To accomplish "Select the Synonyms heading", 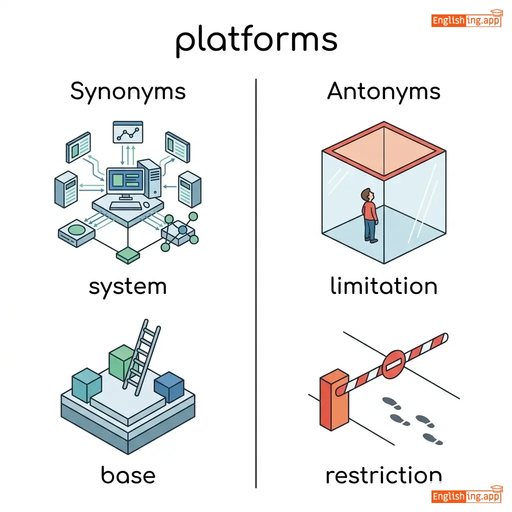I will coord(128,91).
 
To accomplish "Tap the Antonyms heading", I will coord(383,91).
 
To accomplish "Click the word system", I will coord(127,287).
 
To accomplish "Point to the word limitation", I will coord(383,286).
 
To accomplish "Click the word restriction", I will coord(383,475).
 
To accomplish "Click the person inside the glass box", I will coord(369,215).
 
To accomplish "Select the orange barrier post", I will coord(334,400).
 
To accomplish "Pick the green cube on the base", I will coord(121,362).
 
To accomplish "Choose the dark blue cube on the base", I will coord(169,386).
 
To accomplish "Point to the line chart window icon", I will coord(128,132).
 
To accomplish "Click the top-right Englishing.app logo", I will coord(466,20).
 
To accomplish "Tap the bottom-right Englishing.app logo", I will coord(466,496).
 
